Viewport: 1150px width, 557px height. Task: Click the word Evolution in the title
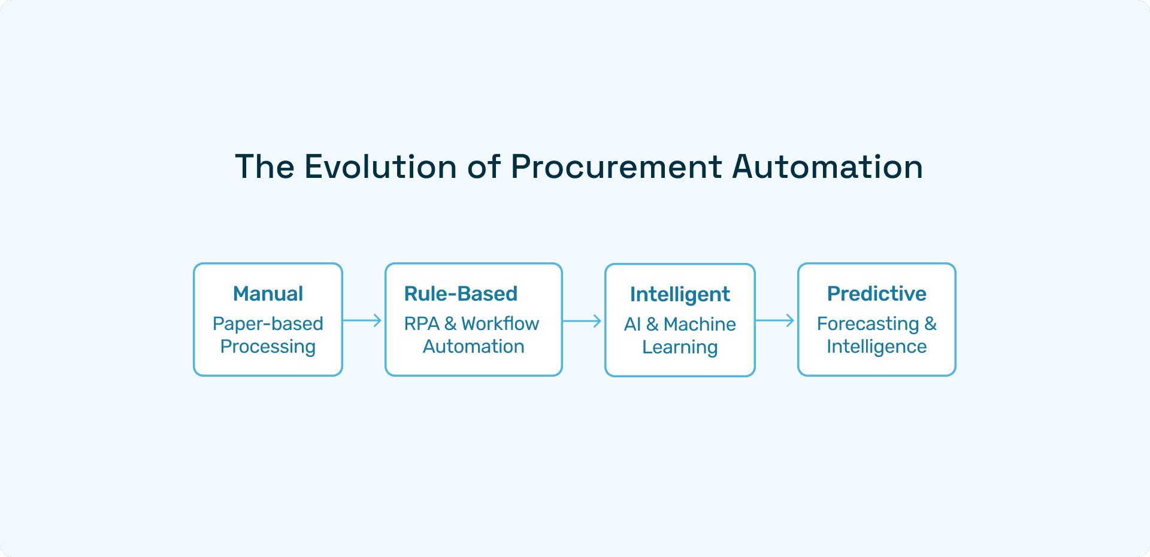point(381,167)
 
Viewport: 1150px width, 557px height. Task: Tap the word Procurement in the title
point(616,167)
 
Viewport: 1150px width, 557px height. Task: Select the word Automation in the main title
point(827,167)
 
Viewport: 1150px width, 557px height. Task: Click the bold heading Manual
point(268,293)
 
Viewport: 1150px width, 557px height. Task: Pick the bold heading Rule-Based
point(461,293)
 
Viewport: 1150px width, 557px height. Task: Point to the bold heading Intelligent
point(680,294)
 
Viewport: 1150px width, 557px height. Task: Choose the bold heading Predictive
point(876,293)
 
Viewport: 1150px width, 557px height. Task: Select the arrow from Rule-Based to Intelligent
point(582,321)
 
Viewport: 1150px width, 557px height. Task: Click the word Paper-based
point(268,323)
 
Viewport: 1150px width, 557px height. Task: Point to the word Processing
point(268,347)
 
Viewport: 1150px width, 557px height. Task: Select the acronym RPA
point(422,323)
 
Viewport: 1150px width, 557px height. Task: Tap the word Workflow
point(500,323)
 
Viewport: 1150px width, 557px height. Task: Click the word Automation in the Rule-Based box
point(473,346)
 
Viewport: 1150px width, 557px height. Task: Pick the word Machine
point(700,324)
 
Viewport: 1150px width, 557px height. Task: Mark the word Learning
point(680,347)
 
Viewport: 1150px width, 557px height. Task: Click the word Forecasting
point(868,323)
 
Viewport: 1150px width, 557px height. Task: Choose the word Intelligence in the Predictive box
point(876,346)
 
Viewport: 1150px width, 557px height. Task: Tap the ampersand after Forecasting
point(931,323)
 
